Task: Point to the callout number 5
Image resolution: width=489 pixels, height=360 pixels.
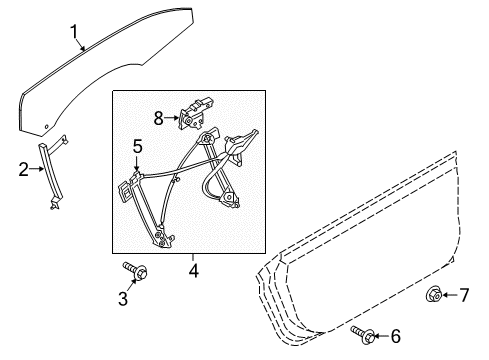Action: pos(137,147)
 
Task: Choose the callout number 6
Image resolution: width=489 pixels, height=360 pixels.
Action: pos(395,335)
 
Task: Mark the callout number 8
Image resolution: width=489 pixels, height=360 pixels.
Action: pos(158,118)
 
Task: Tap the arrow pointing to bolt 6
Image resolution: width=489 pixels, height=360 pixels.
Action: pos(381,334)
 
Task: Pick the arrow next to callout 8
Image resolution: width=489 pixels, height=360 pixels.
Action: pos(171,119)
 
